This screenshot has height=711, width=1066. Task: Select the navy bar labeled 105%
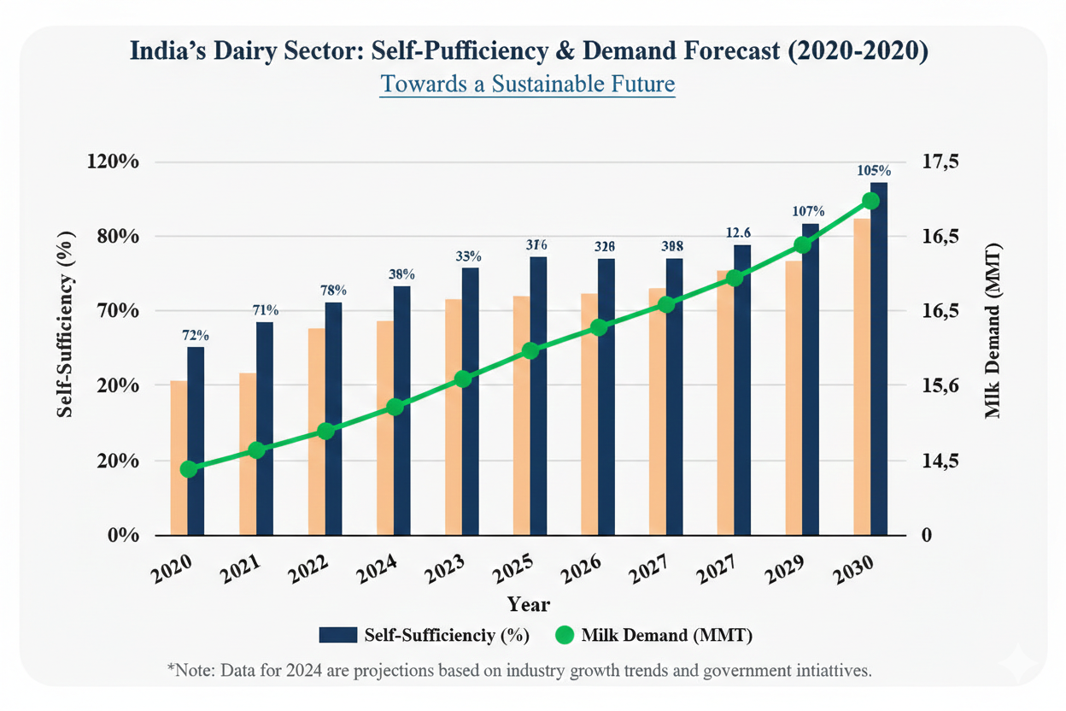tap(879, 359)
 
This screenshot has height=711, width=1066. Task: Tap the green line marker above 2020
tap(190, 469)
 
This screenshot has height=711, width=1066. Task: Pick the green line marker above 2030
tap(871, 201)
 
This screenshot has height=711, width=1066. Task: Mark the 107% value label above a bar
tap(807, 211)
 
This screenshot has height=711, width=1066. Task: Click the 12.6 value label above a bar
tap(738, 232)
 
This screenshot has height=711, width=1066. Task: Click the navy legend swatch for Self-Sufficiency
tap(337, 635)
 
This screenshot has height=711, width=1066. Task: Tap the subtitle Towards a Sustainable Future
tap(527, 85)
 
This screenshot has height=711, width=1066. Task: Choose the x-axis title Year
tap(529, 604)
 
